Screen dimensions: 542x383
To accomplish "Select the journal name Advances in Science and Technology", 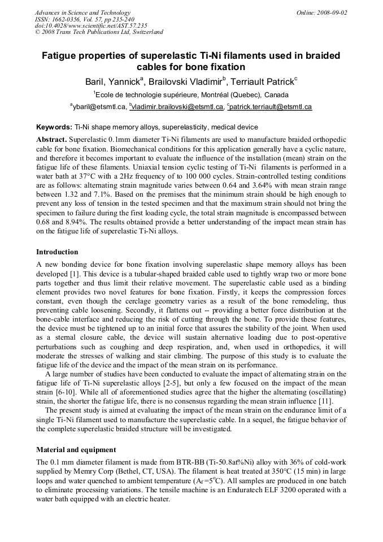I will point(82,12).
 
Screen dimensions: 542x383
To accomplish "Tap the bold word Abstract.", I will point(51,139).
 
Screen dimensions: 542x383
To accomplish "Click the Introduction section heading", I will point(57,252).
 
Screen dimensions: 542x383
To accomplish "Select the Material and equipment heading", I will point(76,450).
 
